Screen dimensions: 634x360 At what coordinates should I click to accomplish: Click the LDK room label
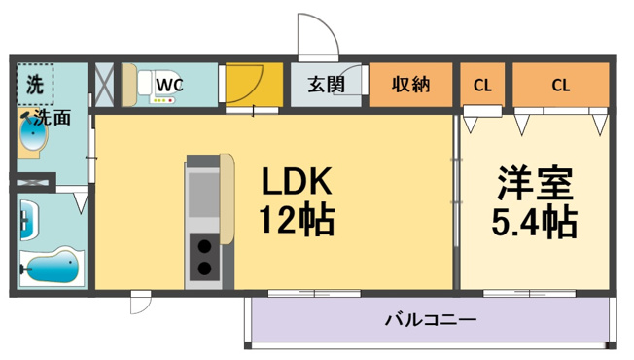click(x=298, y=181)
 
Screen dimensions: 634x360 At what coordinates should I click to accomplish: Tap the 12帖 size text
click(x=297, y=221)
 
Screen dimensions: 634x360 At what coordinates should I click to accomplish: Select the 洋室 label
click(x=536, y=182)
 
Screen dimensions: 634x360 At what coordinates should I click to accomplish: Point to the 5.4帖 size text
click(x=534, y=222)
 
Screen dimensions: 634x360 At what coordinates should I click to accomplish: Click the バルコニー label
click(x=431, y=320)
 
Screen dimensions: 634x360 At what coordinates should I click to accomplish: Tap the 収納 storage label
click(x=410, y=84)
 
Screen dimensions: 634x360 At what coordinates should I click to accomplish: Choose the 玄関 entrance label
click(x=326, y=84)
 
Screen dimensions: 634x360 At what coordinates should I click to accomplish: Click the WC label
click(x=170, y=85)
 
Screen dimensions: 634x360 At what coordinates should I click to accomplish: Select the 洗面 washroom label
click(x=53, y=118)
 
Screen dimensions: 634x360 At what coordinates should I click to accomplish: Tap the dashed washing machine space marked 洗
click(x=35, y=84)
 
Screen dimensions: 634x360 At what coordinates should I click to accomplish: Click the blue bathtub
click(x=53, y=266)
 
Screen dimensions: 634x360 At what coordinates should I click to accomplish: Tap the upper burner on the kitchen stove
click(x=204, y=246)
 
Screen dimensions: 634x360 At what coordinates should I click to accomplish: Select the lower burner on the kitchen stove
click(x=204, y=268)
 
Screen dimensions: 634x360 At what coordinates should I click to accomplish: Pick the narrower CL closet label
click(x=482, y=86)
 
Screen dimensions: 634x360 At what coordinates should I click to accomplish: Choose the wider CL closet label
click(x=561, y=86)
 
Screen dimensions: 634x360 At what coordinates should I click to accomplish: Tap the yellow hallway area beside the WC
click(x=254, y=84)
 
